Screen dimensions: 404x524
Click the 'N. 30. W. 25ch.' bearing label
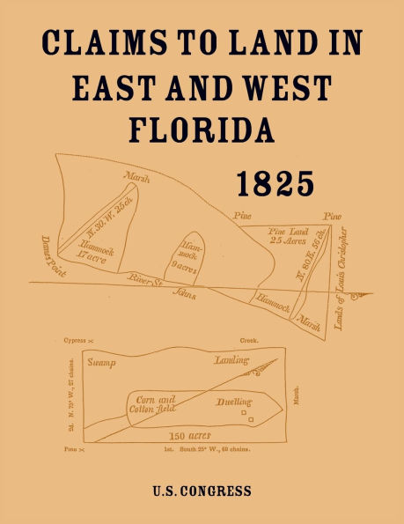(x=98, y=217)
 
